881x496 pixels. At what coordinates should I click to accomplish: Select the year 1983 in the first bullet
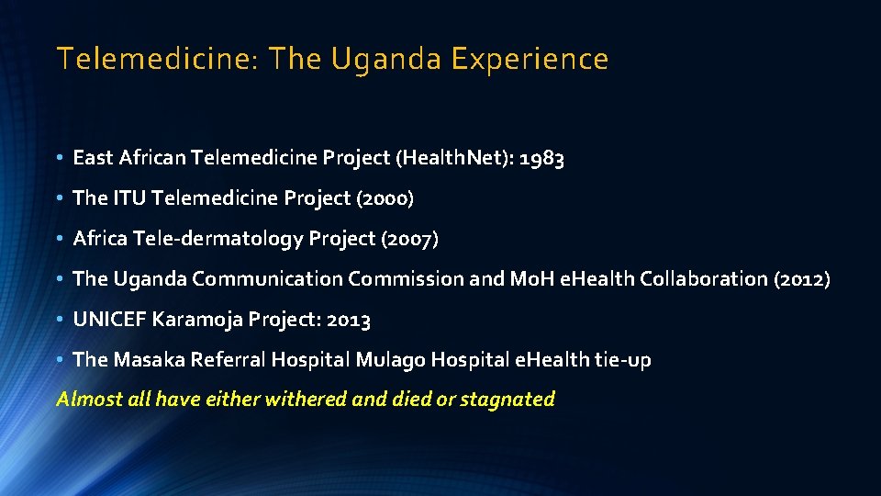pos(541,159)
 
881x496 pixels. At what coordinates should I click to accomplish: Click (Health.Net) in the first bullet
pos(452,159)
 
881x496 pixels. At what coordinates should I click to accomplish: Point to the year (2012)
pos(801,279)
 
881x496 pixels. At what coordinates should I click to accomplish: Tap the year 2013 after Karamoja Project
pos(348,320)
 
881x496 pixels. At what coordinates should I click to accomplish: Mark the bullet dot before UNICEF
pos(60,320)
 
